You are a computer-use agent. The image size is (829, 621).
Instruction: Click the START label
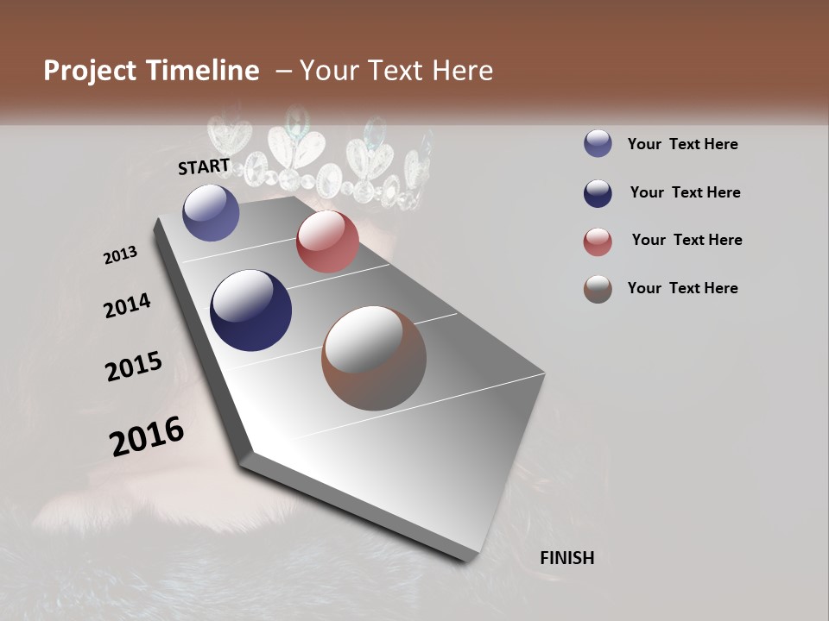[204, 166]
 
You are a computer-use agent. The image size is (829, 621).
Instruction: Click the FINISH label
[566, 558]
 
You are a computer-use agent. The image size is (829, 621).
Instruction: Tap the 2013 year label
[121, 255]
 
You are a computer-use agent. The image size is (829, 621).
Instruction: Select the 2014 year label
[127, 306]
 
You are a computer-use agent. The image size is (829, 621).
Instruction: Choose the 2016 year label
[147, 436]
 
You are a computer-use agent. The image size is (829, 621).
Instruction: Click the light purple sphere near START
[211, 212]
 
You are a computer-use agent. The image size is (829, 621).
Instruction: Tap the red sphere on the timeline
[327, 241]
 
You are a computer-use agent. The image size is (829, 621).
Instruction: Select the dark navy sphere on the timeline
[250, 310]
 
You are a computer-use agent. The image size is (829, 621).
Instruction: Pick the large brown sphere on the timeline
[374, 358]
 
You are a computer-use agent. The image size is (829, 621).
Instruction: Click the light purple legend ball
[598, 144]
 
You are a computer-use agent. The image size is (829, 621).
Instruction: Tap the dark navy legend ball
[598, 193]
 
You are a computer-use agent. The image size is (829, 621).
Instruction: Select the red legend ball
[598, 241]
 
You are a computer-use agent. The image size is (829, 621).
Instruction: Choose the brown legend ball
[598, 289]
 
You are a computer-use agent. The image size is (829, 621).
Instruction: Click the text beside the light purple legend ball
[682, 145]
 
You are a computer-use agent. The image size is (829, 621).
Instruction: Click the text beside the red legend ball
[687, 240]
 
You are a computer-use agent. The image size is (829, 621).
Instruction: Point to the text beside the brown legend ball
[682, 288]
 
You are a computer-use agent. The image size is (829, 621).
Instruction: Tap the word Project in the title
[90, 71]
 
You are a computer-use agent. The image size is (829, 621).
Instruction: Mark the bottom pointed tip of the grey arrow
[466, 561]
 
